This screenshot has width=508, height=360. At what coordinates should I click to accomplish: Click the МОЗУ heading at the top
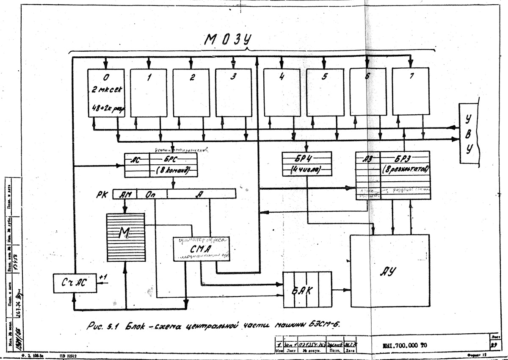228,40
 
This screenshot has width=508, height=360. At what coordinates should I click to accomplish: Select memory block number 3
233,93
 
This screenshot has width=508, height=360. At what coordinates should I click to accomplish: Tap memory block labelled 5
325,93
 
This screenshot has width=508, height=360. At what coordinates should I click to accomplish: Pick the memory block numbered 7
411,92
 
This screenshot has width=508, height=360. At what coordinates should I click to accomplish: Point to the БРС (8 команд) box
174,165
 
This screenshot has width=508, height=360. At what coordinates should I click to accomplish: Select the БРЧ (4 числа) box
307,163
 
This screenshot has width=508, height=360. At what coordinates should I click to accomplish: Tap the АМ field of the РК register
126,195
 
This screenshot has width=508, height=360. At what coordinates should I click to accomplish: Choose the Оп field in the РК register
152,195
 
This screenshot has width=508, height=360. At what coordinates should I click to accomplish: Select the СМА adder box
202,249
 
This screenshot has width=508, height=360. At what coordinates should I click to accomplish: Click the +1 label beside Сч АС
104,277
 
